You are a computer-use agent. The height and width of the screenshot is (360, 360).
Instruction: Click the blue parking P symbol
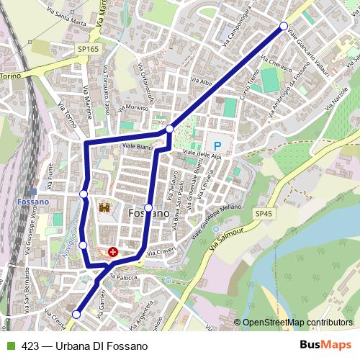click(216, 145)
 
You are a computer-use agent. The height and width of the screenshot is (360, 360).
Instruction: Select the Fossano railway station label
click(33, 202)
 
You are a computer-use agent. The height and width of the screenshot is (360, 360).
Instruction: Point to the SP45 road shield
click(264, 214)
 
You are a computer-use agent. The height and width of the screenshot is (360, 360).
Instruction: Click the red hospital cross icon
click(113, 252)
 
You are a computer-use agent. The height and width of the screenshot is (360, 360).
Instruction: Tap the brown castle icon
click(104, 207)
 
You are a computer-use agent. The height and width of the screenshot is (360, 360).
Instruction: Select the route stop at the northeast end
click(284, 27)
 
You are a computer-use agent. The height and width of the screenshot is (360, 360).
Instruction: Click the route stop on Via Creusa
click(76, 314)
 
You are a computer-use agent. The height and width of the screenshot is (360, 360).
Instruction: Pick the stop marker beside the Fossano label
click(148, 207)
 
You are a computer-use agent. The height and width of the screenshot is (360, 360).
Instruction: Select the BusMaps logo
click(325, 346)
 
